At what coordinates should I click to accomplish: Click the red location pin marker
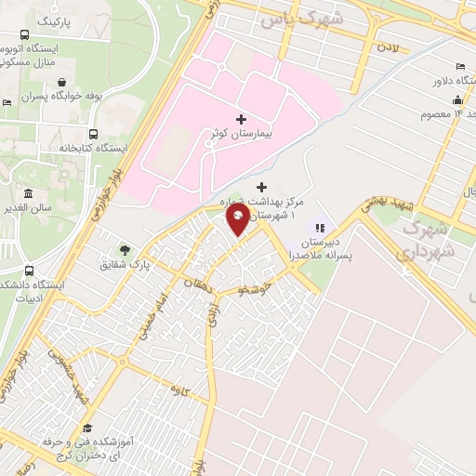point(238,219)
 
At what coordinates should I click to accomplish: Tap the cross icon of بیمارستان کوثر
point(242,119)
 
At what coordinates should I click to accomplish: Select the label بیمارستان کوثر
point(241,136)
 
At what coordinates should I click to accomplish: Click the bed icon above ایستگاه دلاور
point(461,65)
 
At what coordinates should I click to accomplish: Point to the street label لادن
point(390,45)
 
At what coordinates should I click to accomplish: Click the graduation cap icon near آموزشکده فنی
point(86,429)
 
